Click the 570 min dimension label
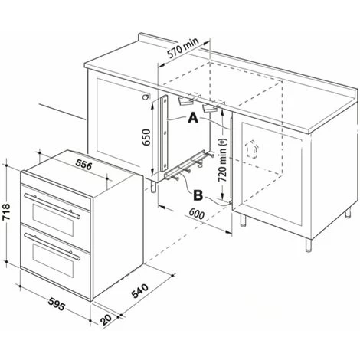pos(183,48)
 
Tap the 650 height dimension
pos(146,137)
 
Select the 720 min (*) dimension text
pos(222,160)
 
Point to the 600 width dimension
pos(197,214)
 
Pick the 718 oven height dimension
pos(6,211)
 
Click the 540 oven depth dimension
pos(139,290)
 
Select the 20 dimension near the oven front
pos(106,319)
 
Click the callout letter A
pos(193,118)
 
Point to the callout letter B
pos(198,196)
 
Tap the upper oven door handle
pos(52,206)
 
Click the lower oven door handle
pos(52,247)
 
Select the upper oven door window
pos(53,220)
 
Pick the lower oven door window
pos(53,260)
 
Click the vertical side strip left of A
pos(164,133)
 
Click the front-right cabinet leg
pos(309,245)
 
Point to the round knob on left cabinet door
pos(146,97)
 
